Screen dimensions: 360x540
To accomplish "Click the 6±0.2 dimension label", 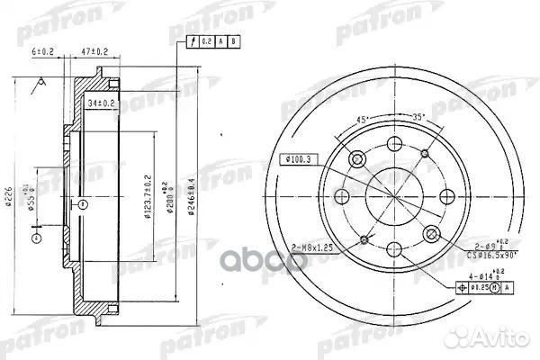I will [x=41, y=52].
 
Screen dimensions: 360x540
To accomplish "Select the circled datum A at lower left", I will [x=36, y=238].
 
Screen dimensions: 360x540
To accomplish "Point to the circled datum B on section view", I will [x=83, y=204].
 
